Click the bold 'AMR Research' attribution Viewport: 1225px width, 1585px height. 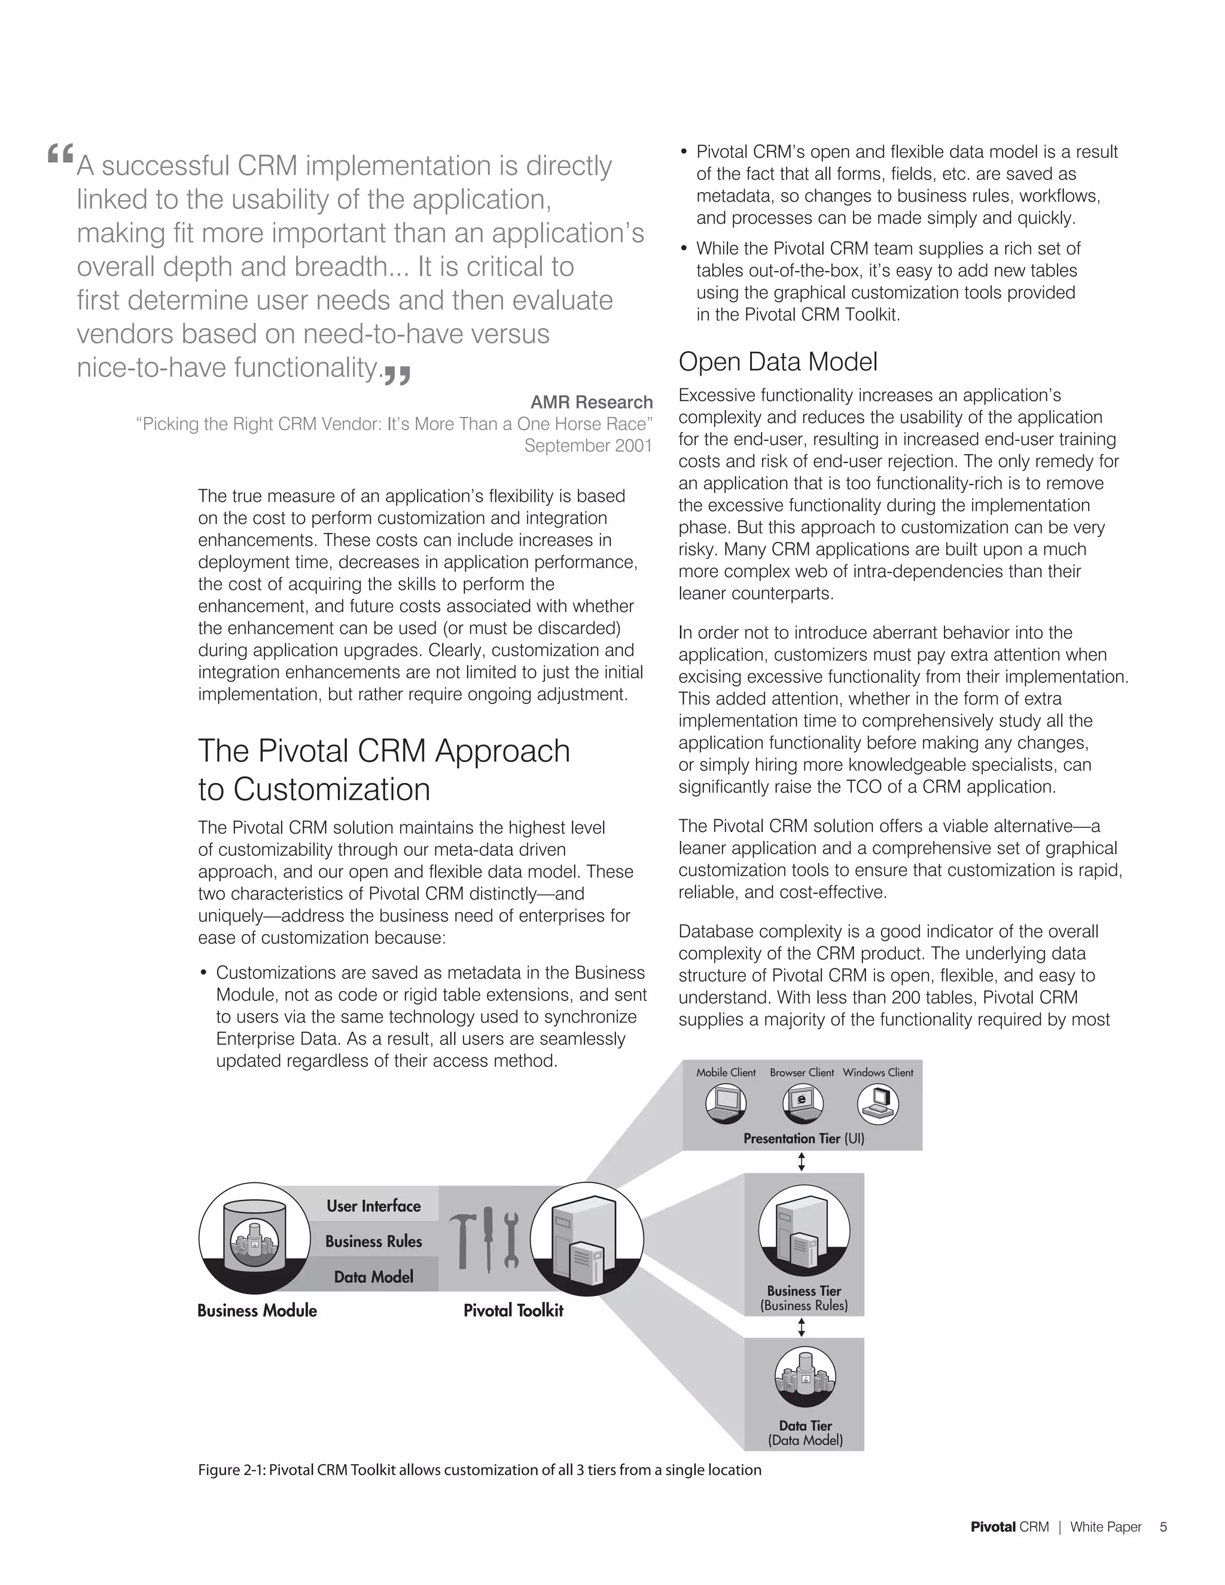pos(591,402)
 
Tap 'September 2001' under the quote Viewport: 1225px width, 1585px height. pos(588,446)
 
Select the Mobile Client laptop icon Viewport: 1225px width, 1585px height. pos(726,1105)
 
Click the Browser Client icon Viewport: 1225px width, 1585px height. pos(802,1105)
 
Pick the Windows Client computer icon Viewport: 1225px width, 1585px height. pos(877,1105)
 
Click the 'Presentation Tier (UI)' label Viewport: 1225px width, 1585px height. pos(803,1139)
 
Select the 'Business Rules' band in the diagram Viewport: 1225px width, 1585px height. pos(373,1241)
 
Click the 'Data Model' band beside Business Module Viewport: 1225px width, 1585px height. pos(373,1276)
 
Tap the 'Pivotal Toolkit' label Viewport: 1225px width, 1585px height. pos(513,1310)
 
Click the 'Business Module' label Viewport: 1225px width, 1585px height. pos(257,1310)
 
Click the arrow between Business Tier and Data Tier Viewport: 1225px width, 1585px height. pos(801,1327)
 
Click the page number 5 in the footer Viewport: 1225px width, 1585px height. pos(1163,1527)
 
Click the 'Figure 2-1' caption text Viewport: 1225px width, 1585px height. pos(479,1470)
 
